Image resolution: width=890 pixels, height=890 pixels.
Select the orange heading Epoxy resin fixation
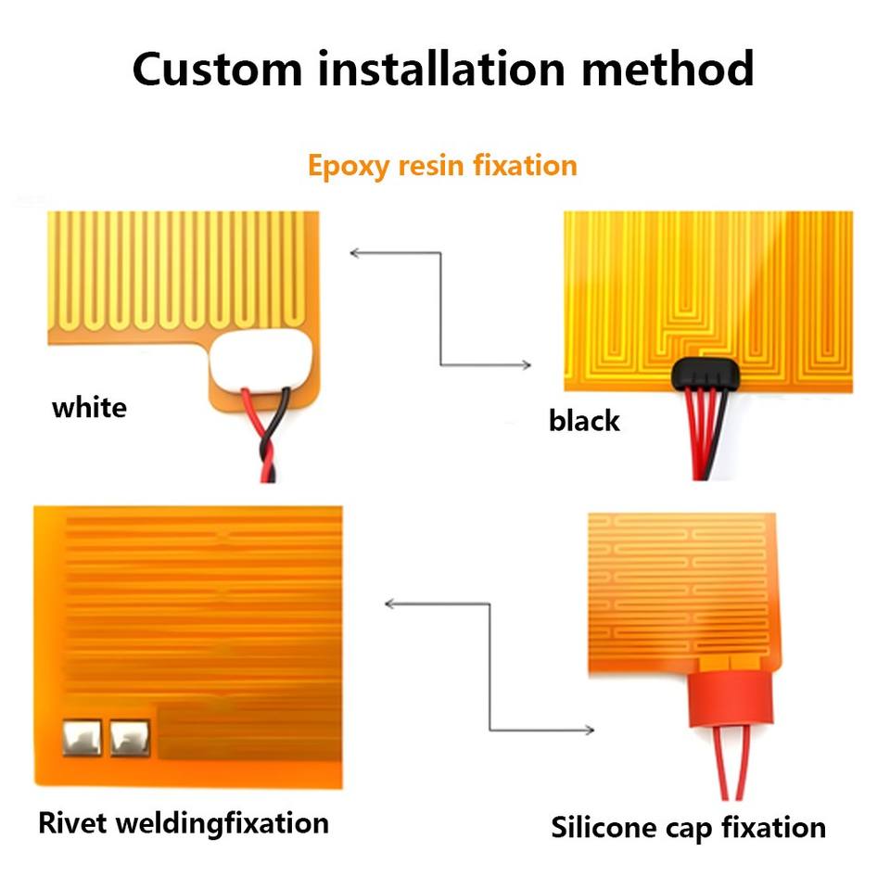442,166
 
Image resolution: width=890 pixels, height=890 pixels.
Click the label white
89,407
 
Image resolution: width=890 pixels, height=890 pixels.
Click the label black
583,421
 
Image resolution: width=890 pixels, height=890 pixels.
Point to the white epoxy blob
261,362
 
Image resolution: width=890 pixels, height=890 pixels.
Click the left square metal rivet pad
82,737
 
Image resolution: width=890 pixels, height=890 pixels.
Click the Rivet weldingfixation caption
183,822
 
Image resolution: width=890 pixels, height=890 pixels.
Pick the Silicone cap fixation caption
688,826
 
